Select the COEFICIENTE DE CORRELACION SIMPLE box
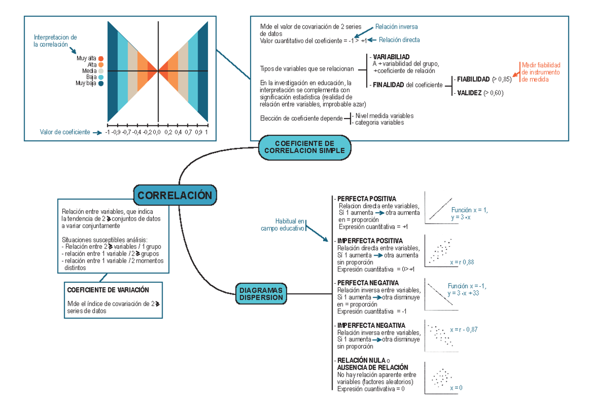[304, 147]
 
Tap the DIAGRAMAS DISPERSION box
[261, 294]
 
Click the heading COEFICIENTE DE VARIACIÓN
[108, 290]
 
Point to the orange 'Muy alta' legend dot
[101, 58]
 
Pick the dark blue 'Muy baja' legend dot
[101, 83]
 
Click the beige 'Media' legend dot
[101, 71]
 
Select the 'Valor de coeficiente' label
[65, 132]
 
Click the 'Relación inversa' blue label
[397, 27]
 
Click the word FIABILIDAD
[473, 78]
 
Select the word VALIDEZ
[469, 92]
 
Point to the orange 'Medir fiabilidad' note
[541, 72]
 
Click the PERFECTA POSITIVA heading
[367, 199]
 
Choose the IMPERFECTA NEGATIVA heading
[371, 326]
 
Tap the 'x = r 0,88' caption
[462, 263]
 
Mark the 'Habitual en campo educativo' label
[283, 225]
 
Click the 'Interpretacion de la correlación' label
[55, 41]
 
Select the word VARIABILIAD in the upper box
[391, 57]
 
